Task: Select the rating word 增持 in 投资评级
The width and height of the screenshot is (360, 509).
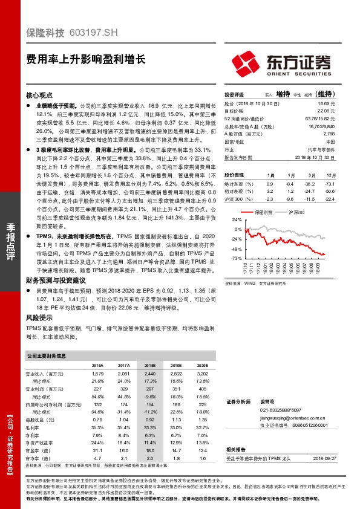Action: pos(283,94)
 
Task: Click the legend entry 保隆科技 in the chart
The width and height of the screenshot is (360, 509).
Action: pos(264,213)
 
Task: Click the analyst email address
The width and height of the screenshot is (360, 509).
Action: pos(290,417)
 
